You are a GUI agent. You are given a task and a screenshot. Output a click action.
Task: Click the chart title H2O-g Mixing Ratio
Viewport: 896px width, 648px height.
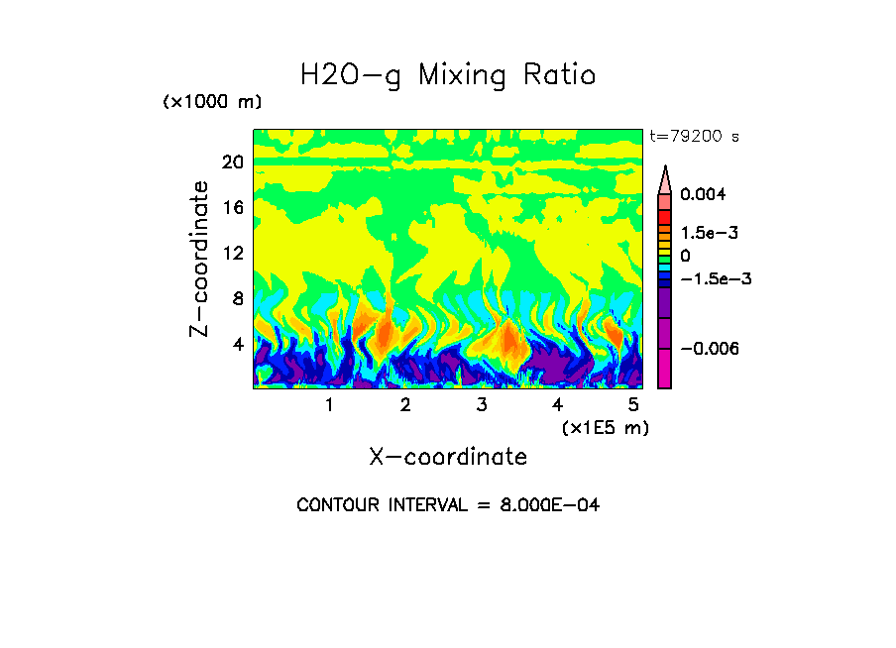(x=448, y=75)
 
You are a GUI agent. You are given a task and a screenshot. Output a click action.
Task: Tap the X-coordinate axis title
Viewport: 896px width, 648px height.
(x=448, y=457)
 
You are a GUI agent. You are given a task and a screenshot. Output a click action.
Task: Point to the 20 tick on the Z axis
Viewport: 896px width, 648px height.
(x=232, y=162)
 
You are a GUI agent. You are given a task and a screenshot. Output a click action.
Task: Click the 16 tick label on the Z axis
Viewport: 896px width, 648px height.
(x=232, y=208)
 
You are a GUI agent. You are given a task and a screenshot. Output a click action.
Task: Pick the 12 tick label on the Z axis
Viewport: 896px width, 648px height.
(x=232, y=253)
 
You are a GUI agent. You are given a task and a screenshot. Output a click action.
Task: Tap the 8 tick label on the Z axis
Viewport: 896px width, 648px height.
(x=237, y=298)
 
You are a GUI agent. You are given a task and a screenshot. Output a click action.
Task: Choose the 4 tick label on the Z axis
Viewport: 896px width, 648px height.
(x=237, y=344)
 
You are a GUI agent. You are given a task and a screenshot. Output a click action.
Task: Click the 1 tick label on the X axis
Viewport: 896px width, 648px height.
(x=329, y=405)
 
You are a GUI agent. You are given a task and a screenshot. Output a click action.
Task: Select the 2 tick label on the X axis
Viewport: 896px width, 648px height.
(x=405, y=405)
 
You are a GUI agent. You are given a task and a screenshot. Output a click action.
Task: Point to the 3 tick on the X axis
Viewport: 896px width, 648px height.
(x=482, y=405)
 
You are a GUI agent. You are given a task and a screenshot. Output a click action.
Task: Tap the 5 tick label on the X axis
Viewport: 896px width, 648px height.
(x=633, y=405)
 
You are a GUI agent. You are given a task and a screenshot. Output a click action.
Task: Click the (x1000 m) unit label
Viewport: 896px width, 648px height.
(x=212, y=103)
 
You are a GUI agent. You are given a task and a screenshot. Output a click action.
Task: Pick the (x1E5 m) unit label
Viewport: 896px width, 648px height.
(x=605, y=428)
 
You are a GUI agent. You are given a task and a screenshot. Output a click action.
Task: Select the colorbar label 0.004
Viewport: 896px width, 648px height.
(x=710, y=194)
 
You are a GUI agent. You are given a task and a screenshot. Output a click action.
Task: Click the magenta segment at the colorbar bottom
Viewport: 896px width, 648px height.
(x=664, y=372)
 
